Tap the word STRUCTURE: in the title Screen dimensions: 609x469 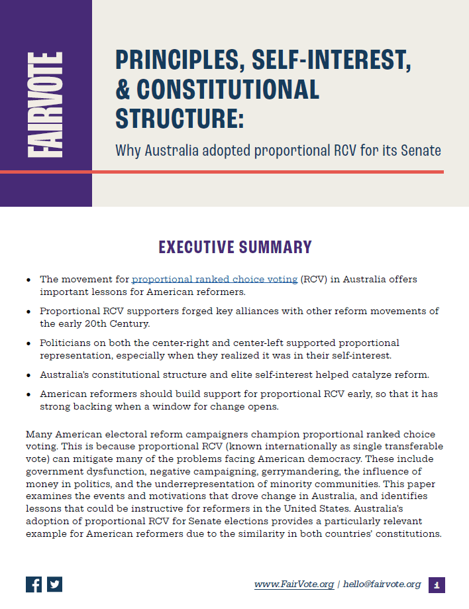tap(180, 117)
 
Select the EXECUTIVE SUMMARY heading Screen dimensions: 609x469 tap(234, 247)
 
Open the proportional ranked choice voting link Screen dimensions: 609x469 tap(215, 279)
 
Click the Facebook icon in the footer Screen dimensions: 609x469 tap(34, 584)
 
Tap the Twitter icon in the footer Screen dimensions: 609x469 tap(54, 584)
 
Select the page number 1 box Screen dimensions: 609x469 tap(437, 584)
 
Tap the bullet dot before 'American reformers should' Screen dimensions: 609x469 tap(28, 394)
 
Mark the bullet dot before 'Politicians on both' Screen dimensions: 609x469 tap(28, 343)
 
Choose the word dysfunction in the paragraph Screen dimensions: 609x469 tap(105, 471)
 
